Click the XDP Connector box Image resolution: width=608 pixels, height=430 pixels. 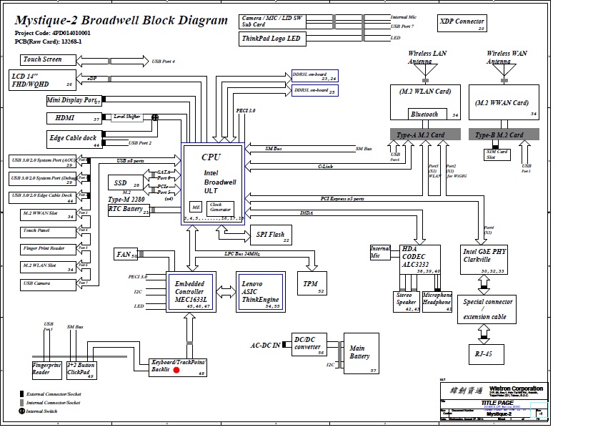pos(462,24)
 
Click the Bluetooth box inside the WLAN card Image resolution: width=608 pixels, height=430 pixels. pos(424,114)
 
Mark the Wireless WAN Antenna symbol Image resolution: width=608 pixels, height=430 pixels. pos(508,70)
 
